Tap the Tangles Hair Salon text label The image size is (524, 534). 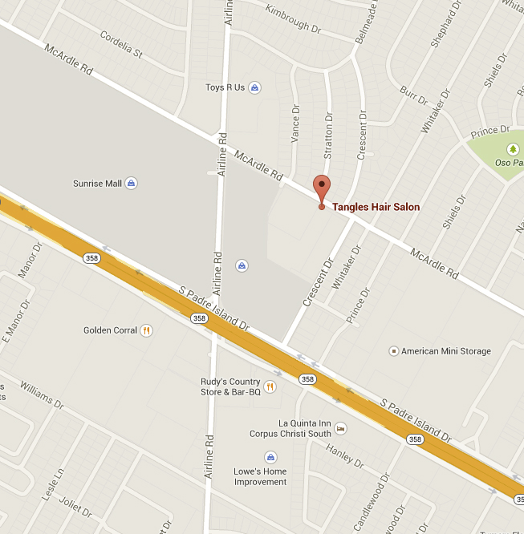click(376, 207)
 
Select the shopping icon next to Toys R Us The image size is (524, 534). click(254, 87)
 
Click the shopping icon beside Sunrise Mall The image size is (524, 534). click(132, 184)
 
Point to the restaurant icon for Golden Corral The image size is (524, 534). click(146, 330)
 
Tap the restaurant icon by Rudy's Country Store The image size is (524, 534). click(270, 386)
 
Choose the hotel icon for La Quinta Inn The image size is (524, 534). click(340, 428)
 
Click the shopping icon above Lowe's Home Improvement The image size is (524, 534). click(270, 457)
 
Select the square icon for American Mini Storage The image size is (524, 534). click(393, 351)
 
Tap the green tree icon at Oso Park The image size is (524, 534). click(513, 149)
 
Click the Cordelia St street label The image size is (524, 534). click(120, 45)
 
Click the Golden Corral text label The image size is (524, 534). click(110, 330)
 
